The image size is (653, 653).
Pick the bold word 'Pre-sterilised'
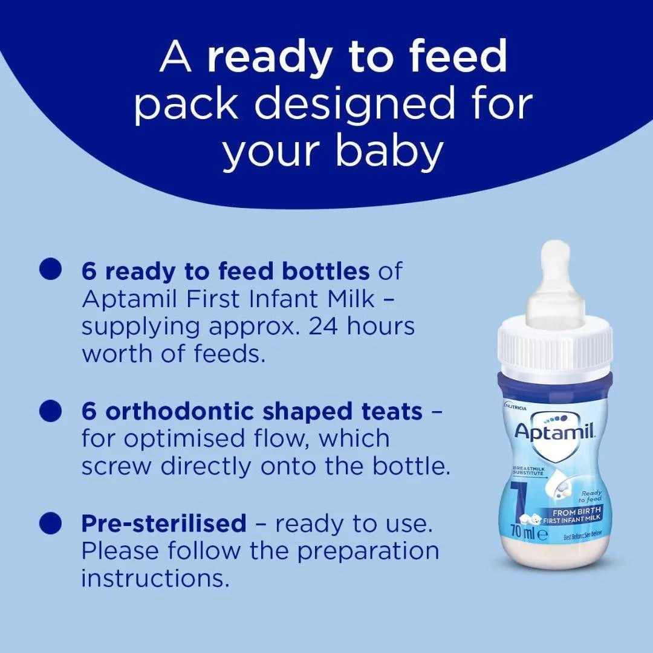tap(164, 522)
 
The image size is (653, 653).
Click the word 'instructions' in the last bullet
tap(155, 578)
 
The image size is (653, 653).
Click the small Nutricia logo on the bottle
tap(515, 408)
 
